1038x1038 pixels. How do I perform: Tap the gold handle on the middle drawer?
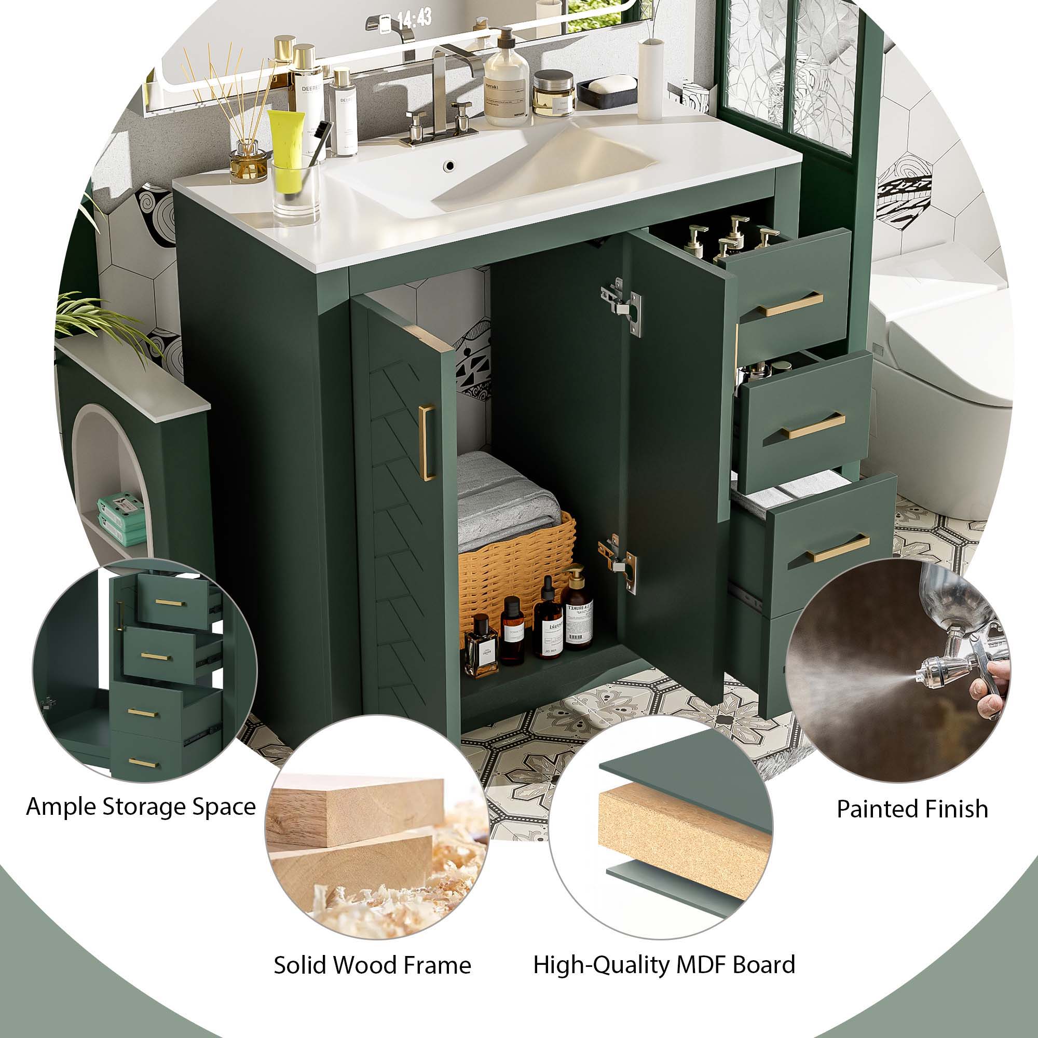point(813,426)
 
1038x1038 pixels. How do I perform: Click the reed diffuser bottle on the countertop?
point(248,161)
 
